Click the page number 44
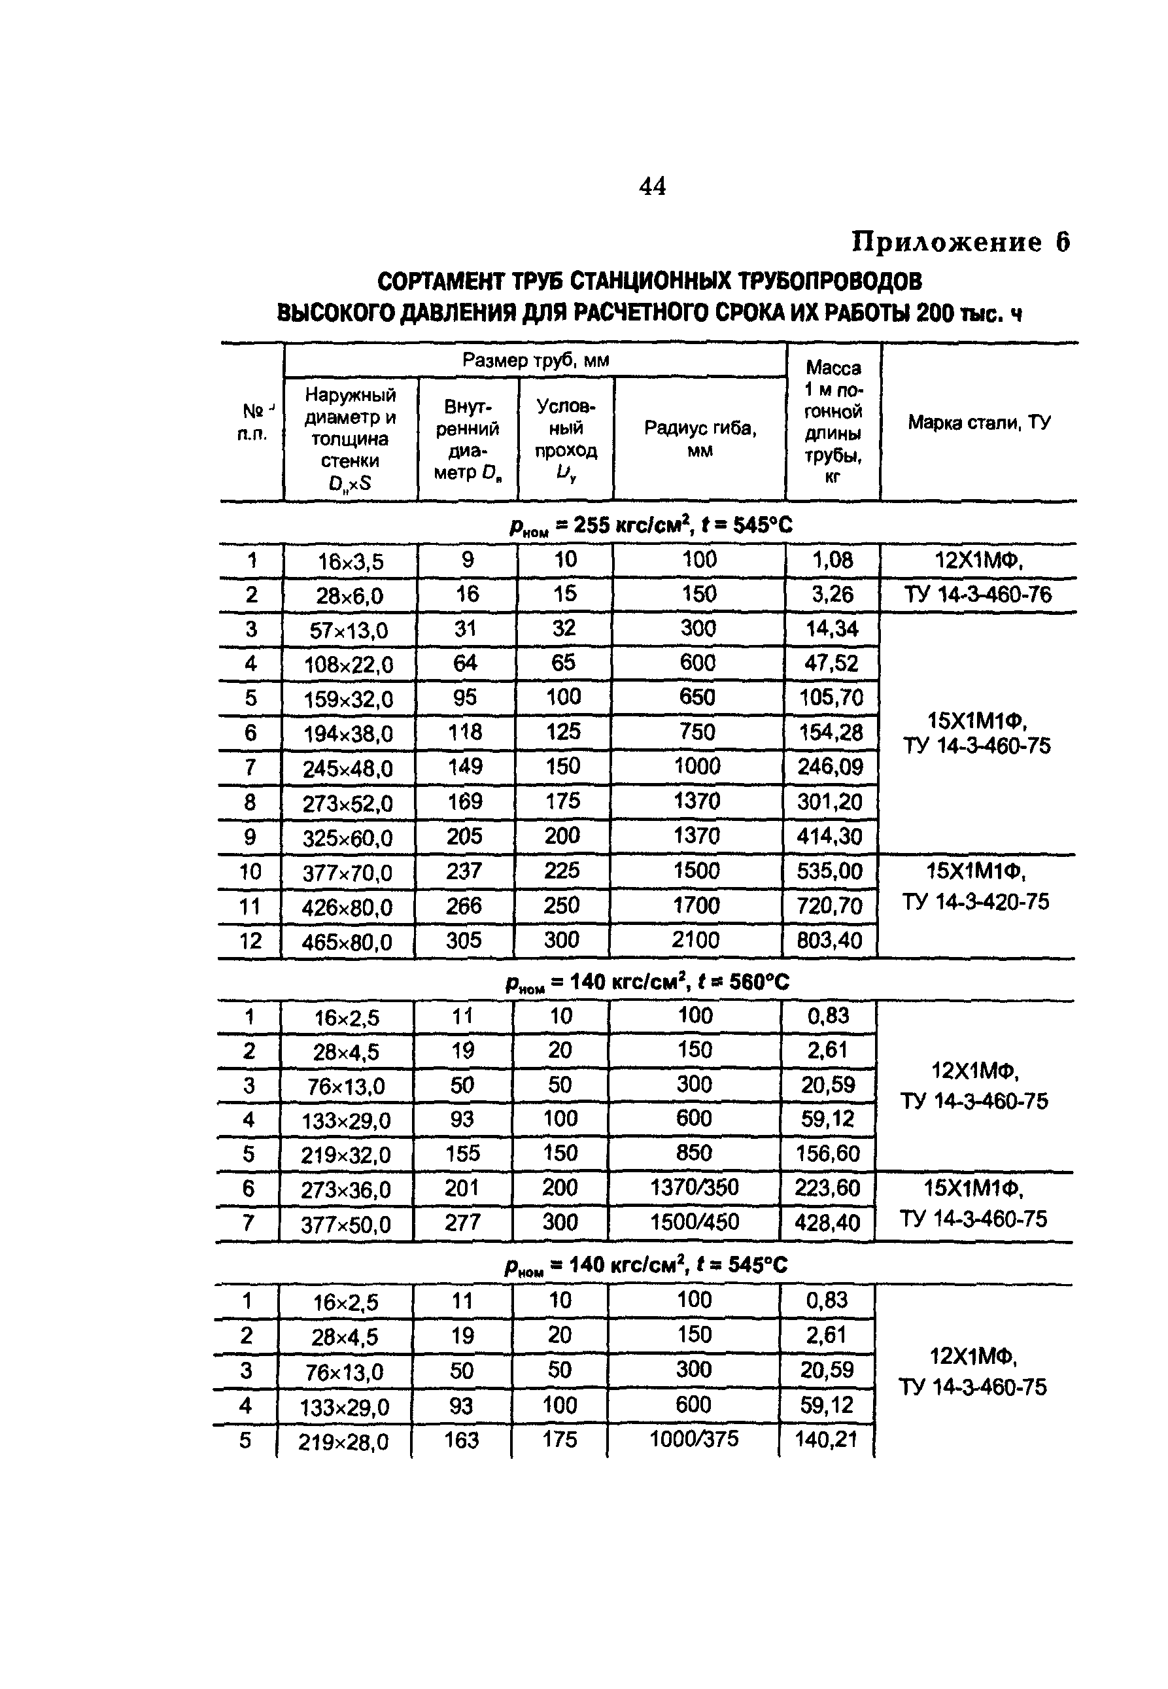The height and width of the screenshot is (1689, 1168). click(652, 186)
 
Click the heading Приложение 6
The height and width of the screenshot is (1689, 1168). click(960, 241)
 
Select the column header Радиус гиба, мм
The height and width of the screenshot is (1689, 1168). click(700, 438)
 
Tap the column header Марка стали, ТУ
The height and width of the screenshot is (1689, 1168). click(979, 423)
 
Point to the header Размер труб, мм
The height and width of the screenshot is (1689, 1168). click(535, 360)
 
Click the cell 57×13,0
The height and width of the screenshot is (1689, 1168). click(349, 630)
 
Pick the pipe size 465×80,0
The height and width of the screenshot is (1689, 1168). click(347, 941)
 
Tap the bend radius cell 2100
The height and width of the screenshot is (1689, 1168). click(695, 939)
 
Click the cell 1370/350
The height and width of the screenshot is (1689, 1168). click(694, 1187)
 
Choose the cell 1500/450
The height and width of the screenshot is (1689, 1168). click(694, 1221)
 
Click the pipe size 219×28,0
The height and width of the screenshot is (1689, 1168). click(343, 1442)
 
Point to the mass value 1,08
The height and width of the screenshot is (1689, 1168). click(832, 561)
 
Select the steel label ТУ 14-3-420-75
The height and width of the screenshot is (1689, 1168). click(976, 901)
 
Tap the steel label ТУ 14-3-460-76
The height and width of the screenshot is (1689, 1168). click(978, 594)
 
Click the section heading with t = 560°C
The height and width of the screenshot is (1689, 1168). click(647, 981)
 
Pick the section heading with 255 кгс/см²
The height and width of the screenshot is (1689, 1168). click(651, 525)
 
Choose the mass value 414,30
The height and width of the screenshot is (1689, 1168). click(830, 836)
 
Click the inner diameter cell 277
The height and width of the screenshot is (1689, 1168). click(462, 1222)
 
